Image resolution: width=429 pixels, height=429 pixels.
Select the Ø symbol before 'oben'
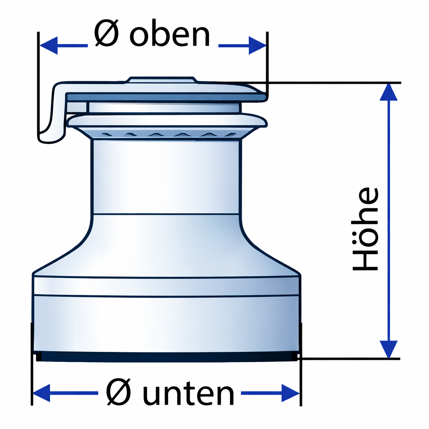[106, 33]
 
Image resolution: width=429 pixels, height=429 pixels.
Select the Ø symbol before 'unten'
[119, 392]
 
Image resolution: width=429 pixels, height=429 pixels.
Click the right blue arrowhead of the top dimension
[257, 45]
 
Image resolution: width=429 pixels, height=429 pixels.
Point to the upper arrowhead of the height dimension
[388, 92]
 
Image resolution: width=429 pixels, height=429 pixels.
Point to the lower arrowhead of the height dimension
[388, 349]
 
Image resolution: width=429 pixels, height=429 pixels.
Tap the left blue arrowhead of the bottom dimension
[41, 393]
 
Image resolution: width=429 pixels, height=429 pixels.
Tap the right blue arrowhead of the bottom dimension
[291, 393]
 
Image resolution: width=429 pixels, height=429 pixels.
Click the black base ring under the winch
[167, 356]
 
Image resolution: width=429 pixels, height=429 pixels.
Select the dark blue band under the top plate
[166, 97]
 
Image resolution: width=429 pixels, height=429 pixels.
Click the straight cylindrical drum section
[166, 176]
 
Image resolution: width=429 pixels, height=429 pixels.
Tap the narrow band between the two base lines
[166, 287]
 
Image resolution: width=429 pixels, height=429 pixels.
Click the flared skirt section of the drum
[166, 245]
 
